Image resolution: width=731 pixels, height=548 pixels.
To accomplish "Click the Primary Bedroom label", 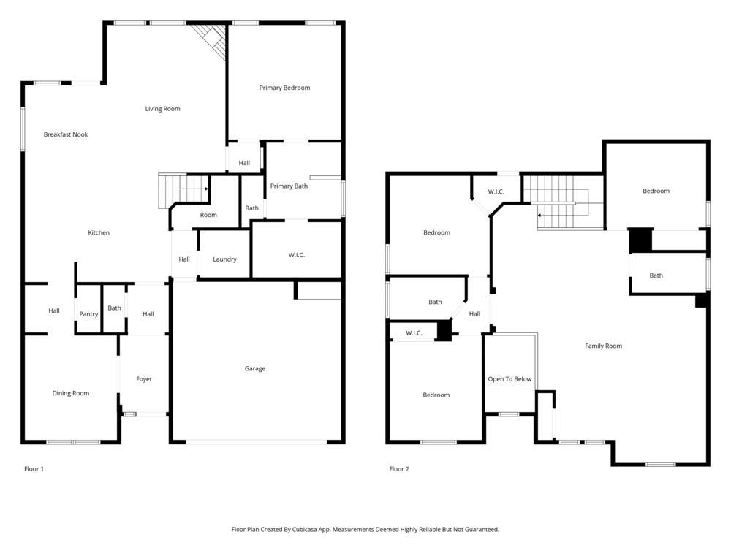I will [284, 88].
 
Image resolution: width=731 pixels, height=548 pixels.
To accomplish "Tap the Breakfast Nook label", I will [65, 134].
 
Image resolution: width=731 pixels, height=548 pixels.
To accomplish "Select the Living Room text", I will [162, 109].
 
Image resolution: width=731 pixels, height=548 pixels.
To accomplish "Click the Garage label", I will [254, 368].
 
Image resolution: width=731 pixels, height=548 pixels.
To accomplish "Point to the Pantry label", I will [88, 314].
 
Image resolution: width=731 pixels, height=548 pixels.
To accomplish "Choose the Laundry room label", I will [224, 259].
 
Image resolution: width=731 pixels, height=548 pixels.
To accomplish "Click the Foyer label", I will [144, 379].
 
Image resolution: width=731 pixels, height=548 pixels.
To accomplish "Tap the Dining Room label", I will [71, 393].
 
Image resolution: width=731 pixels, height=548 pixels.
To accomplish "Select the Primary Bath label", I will [289, 186].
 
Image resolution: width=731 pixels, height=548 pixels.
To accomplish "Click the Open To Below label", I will [510, 379].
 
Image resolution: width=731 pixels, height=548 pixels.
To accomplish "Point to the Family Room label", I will [603, 346].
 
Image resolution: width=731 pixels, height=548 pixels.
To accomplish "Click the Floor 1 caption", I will [34, 469].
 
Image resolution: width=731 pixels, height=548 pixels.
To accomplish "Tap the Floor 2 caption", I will [398, 469].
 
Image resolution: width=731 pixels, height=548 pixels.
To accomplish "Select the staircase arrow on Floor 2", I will [540, 215].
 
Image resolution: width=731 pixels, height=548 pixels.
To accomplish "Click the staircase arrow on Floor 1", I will [206, 189].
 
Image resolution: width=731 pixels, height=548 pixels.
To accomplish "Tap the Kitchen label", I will [99, 232].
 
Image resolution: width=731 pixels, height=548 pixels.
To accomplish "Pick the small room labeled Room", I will [208, 215].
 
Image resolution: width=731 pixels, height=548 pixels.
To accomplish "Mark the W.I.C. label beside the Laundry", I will [296, 255].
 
